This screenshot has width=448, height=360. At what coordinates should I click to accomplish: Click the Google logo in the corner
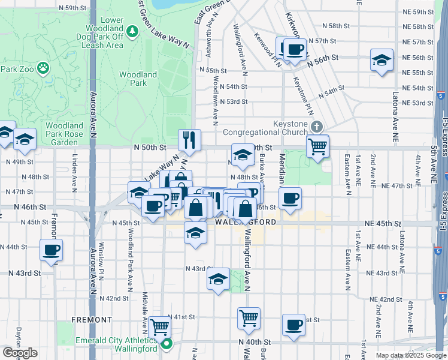pyautogui.click(x=20, y=353)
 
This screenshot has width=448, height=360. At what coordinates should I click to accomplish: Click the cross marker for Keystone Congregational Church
pyautogui.click(x=317, y=127)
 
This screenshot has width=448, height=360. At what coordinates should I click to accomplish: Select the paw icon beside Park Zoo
pyautogui.click(x=43, y=68)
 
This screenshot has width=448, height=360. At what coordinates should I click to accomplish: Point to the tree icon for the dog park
pyautogui.click(x=131, y=29)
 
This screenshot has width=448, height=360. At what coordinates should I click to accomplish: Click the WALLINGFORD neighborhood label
pyautogui.click(x=246, y=222)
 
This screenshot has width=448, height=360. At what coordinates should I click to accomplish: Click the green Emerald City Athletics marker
pyautogui.click(x=167, y=344)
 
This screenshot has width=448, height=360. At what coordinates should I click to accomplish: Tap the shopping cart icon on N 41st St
pyautogui.click(x=249, y=317)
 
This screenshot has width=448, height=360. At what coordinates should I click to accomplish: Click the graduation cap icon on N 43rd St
pyautogui.click(x=218, y=278)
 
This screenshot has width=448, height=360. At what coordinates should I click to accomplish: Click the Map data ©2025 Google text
pyautogui.click(x=411, y=355)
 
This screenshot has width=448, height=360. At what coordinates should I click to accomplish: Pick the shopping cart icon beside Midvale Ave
pyautogui.click(x=160, y=327)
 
